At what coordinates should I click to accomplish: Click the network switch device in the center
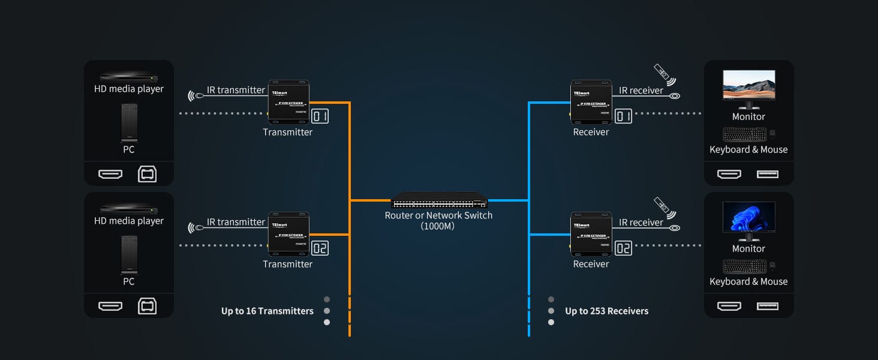click(x=439, y=200)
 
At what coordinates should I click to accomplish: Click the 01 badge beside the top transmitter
click(x=320, y=116)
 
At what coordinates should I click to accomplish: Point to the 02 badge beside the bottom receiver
click(x=624, y=248)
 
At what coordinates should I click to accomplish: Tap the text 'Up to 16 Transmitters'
click(x=267, y=311)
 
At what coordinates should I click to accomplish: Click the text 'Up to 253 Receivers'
click(x=606, y=311)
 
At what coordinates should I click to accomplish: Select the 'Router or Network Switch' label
click(x=438, y=215)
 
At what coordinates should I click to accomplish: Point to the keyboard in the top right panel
click(x=744, y=134)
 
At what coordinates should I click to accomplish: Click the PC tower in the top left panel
click(x=129, y=123)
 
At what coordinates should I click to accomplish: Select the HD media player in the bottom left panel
click(x=129, y=209)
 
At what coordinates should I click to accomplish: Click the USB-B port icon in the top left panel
click(x=147, y=174)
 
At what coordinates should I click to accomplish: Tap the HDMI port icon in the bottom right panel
click(x=729, y=306)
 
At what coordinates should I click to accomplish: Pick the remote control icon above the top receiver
click(x=663, y=73)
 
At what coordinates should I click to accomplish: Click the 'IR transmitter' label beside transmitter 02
click(x=236, y=222)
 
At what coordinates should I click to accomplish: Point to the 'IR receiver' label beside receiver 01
click(x=641, y=90)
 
